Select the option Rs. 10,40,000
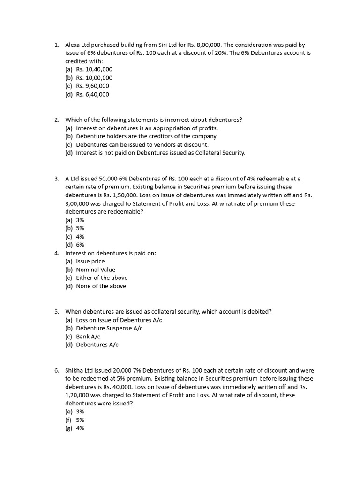[94, 69]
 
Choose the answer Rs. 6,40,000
[92, 94]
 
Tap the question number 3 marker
[56, 179]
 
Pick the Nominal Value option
[96, 270]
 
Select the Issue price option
[90, 261]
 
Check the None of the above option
[101, 286]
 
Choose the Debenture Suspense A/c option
[109, 328]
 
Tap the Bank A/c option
[88, 337]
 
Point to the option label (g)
[69, 428]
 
